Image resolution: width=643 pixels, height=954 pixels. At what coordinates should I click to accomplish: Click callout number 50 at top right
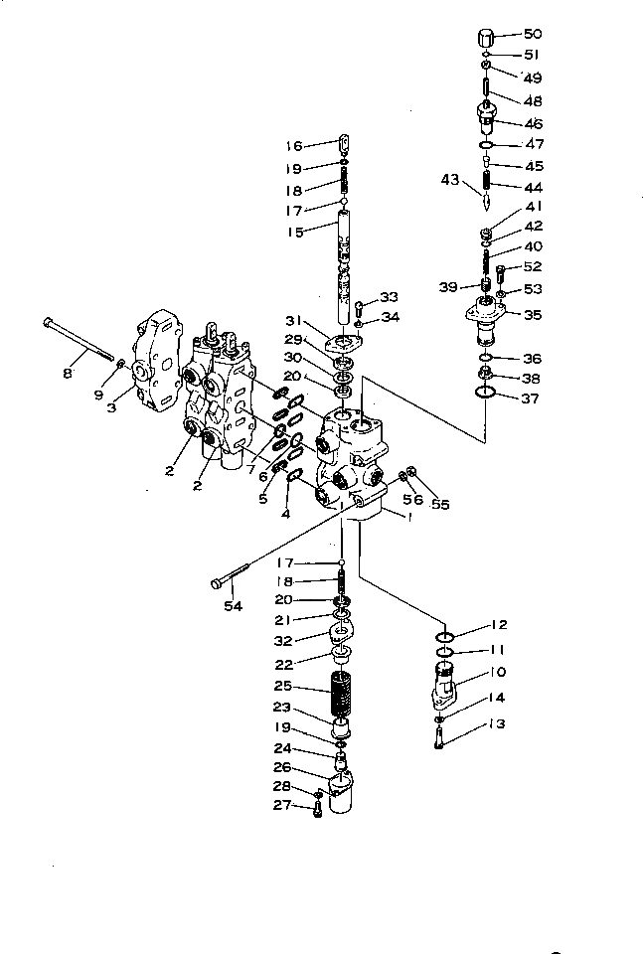(533, 35)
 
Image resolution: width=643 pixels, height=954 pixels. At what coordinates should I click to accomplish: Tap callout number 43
(451, 180)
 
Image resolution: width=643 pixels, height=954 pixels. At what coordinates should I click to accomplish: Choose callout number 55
(440, 505)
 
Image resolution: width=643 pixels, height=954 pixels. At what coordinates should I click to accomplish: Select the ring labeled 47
(484, 145)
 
